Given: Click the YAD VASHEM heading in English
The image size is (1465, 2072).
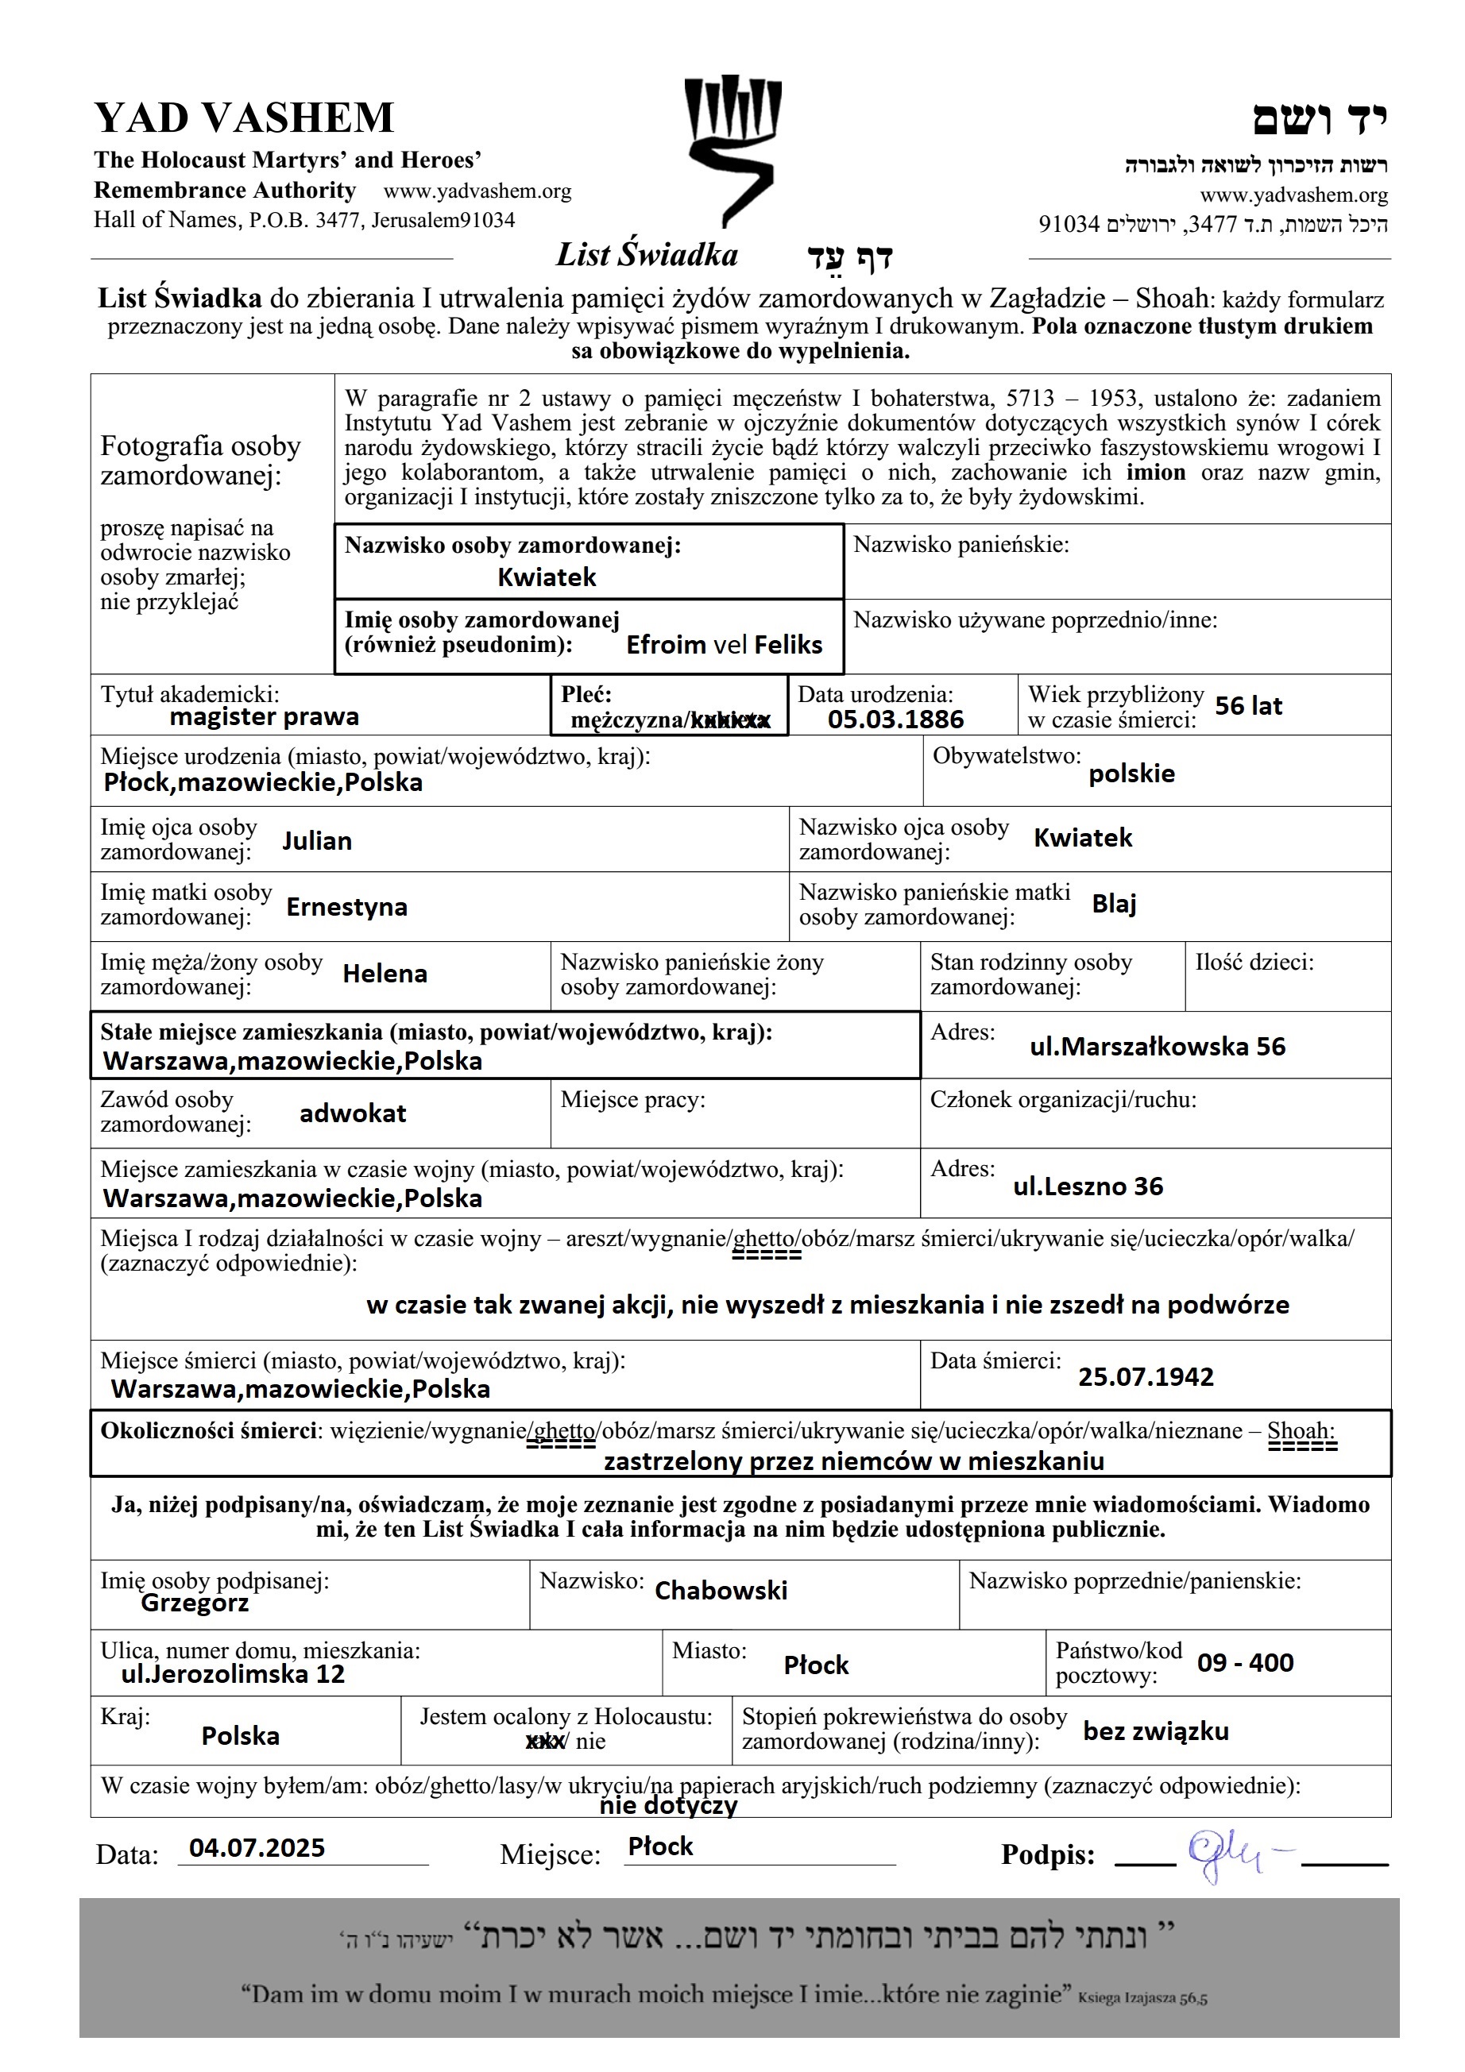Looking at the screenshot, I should (x=244, y=118).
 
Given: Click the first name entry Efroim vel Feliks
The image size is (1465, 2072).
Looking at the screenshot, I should (x=724, y=644).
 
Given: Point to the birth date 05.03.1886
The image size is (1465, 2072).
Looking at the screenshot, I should (x=895, y=720).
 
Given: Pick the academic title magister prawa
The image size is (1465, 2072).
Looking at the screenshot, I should (x=264, y=716).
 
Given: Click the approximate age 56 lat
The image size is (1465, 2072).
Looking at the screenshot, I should (x=1247, y=706).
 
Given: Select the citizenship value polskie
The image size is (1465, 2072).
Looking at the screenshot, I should (x=1131, y=774).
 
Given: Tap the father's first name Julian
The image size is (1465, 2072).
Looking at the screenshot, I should (x=316, y=841).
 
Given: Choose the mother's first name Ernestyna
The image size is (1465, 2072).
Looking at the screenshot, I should (x=346, y=907).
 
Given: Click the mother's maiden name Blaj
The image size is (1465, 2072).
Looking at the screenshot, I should (x=1113, y=903).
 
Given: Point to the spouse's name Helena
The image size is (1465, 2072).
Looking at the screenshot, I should (x=385, y=974).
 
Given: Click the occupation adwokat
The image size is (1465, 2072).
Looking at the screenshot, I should (x=352, y=1113).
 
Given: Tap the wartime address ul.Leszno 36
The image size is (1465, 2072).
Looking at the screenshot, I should (x=1087, y=1186).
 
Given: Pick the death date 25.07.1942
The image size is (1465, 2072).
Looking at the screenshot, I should (x=1145, y=1377).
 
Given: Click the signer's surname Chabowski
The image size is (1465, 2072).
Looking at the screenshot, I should (x=721, y=1590).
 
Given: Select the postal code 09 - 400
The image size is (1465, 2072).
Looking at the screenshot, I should (x=1245, y=1662).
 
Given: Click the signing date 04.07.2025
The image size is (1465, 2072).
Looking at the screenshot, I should (x=257, y=1848).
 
